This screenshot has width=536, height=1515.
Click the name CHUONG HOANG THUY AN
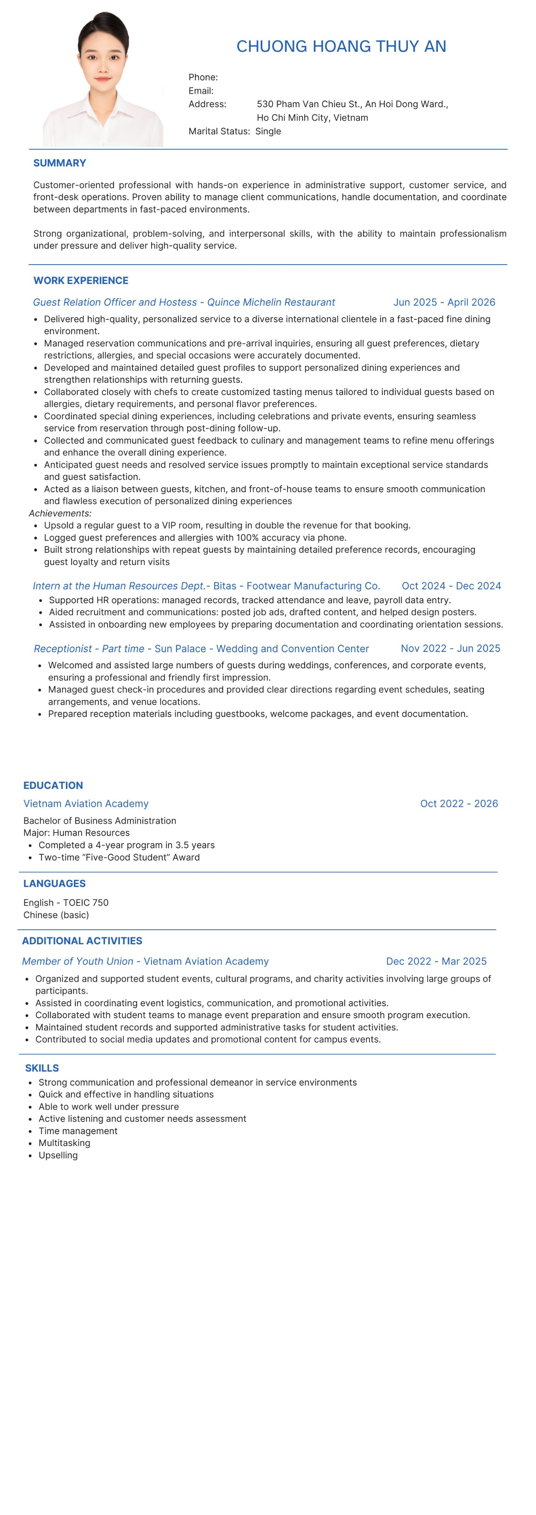(x=341, y=46)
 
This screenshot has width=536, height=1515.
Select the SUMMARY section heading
(x=59, y=163)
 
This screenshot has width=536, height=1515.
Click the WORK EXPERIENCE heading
(x=81, y=281)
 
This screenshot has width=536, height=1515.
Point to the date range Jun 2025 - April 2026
(x=444, y=302)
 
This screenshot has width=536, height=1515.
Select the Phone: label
(x=203, y=77)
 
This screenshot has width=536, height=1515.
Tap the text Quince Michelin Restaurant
(x=271, y=302)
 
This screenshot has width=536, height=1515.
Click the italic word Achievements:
(x=60, y=513)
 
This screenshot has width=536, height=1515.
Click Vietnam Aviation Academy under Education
(x=86, y=803)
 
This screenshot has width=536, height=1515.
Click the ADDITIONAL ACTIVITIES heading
(x=82, y=940)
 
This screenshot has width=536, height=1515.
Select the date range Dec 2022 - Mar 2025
(x=436, y=961)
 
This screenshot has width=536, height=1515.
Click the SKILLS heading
(x=42, y=1068)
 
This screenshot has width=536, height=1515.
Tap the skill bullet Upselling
(x=58, y=1155)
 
